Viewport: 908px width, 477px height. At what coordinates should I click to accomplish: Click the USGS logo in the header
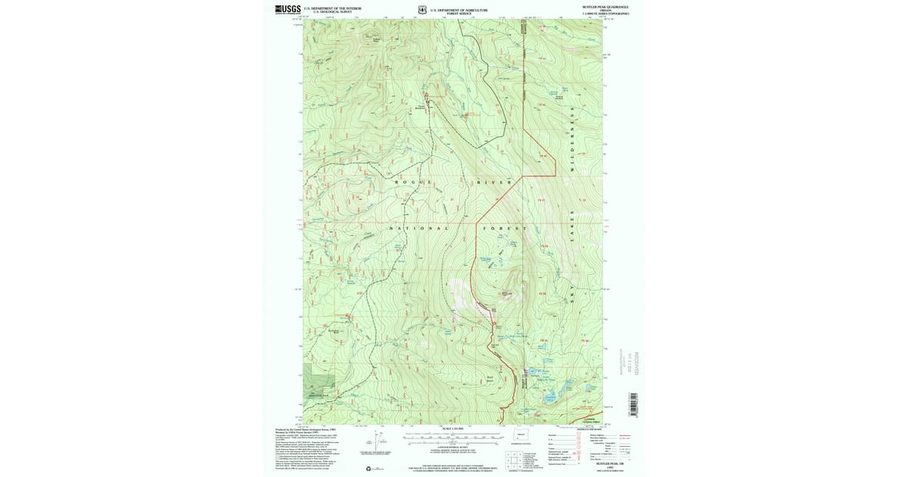pyautogui.click(x=288, y=10)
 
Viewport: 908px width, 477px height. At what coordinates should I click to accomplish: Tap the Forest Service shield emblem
pyautogui.click(x=421, y=10)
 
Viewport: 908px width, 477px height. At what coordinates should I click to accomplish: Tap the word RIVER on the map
pyautogui.click(x=495, y=182)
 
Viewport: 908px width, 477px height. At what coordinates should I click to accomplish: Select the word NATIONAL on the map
pyautogui.click(x=419, y=228)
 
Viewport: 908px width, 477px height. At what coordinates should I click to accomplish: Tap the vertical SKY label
pyautogui.click(x=573, y=292)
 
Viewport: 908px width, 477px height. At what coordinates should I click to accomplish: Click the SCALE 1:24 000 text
pyautogui.click(x=450, y=429)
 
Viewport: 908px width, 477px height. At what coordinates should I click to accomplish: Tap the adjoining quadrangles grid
pyautogui.click(x=515, y=459)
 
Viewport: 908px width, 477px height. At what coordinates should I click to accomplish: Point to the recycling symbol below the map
pyautogui.click(x=368, y=469)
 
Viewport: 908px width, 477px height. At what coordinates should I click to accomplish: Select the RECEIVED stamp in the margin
pyautogui.click(x=636, y=363)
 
